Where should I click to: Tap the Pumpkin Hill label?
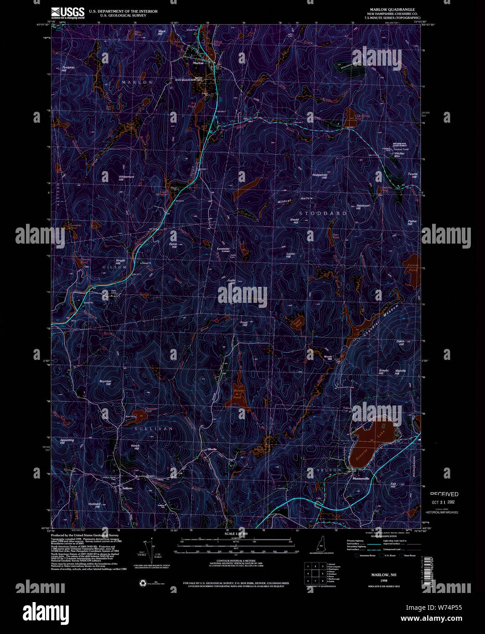click(x=68, y=69)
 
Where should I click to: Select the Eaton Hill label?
click(x=173, y=245)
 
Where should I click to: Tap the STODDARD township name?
click(x=322, y=213)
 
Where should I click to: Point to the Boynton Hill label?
click(x=105, y=383)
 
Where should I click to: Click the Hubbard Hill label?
click(x=95, y=505)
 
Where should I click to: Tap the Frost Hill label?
click(x=244, y=324)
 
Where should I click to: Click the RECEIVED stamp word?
click(x=444, y=494)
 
